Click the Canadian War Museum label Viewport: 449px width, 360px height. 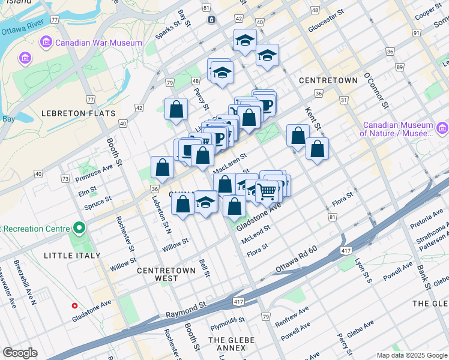click(x=98, y=43)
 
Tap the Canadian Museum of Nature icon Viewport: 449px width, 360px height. click(x=442, y=128)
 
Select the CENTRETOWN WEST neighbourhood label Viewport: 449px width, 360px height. click(x=166, y=274)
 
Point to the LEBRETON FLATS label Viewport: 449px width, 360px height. click(x=78, y=113)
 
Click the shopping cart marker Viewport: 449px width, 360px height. click(x=267, y=191)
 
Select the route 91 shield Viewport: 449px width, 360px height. click(x=415, y=32)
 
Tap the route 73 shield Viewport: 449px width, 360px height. click(x=65, y=179)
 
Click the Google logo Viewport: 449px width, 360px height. click(x=20, y=353)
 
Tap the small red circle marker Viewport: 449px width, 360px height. click(x=74, y=305)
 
